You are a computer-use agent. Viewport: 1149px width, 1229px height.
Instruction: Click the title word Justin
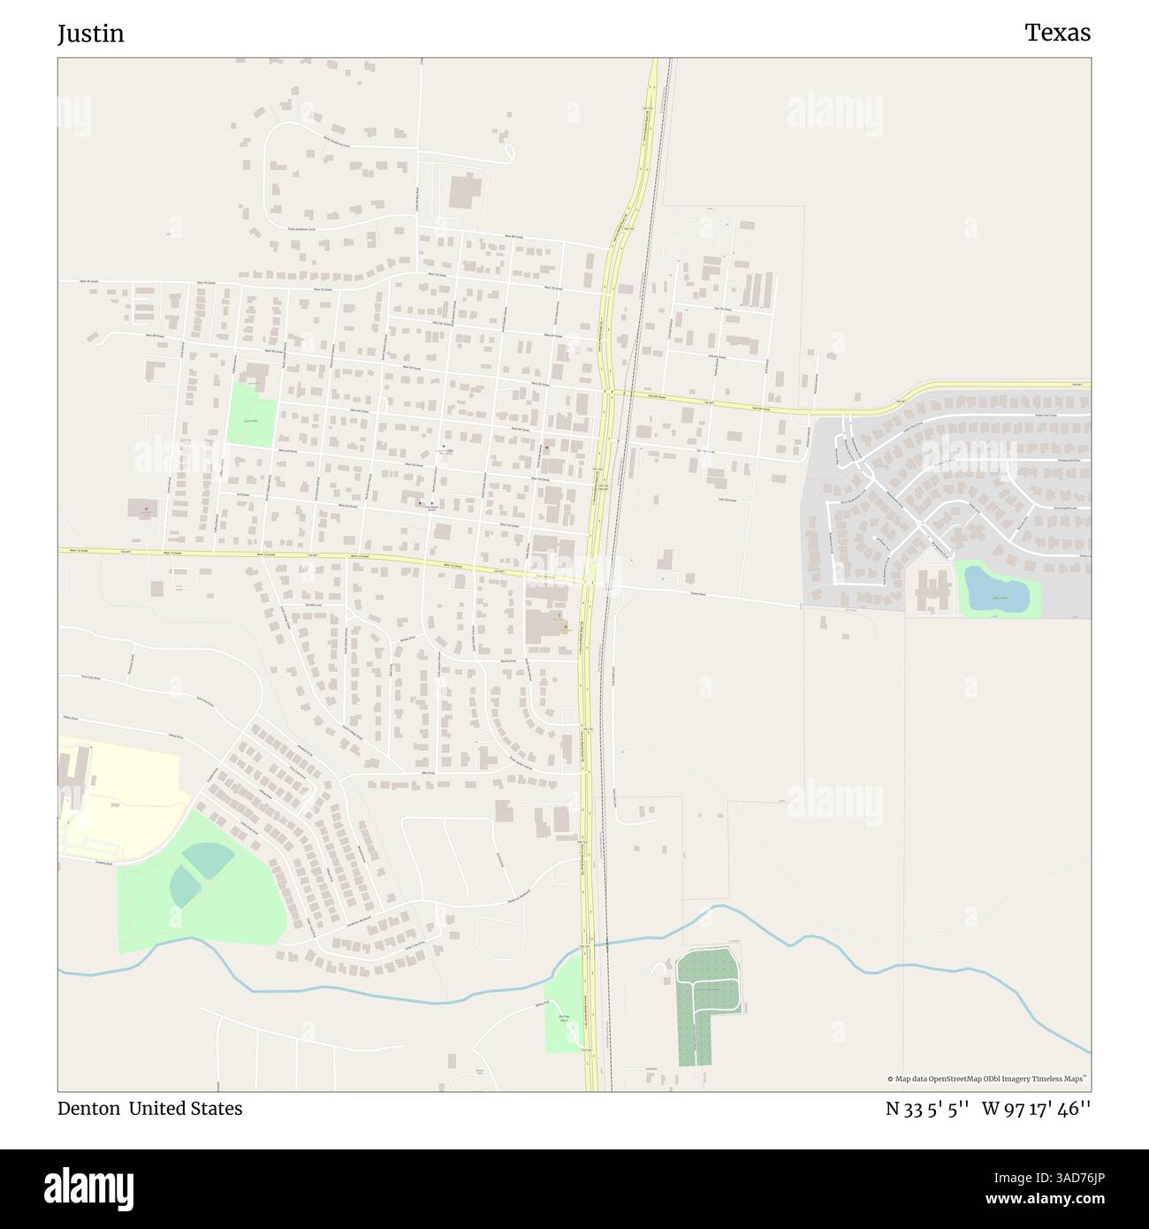[x=91, y=34]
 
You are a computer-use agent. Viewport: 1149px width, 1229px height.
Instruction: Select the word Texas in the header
[x=1057, y=33]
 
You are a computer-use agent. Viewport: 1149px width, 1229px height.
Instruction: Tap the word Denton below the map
[x=88, y=1109]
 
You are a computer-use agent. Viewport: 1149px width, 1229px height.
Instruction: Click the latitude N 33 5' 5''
[x=928, y=1109]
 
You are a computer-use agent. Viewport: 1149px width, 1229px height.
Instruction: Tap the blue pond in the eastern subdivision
[x=996, y=589]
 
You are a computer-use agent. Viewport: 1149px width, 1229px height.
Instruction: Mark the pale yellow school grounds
[x=124, y=796]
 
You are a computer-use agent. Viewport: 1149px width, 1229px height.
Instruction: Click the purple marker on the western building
[x=146, y=509]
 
